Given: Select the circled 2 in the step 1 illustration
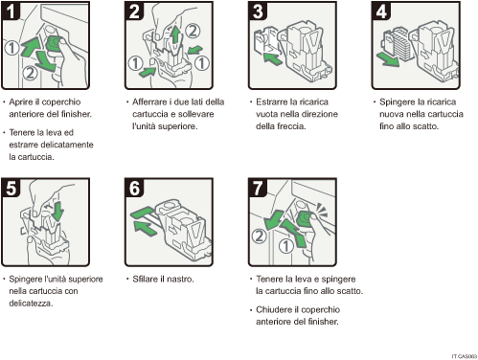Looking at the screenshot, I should [x=31, y=71].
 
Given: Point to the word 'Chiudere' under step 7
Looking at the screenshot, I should [x=274, y=311].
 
